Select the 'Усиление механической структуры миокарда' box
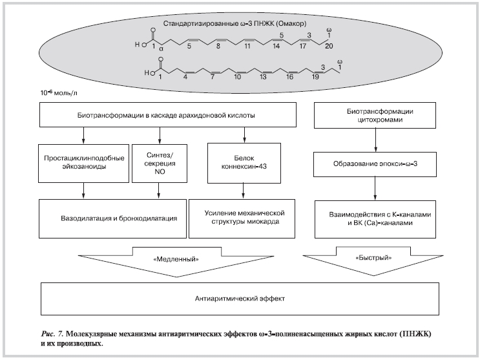coord(243,217)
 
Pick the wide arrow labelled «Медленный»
coord(176,260)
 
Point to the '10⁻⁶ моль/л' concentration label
coord(57,94)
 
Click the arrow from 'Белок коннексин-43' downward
coord(243,189)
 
